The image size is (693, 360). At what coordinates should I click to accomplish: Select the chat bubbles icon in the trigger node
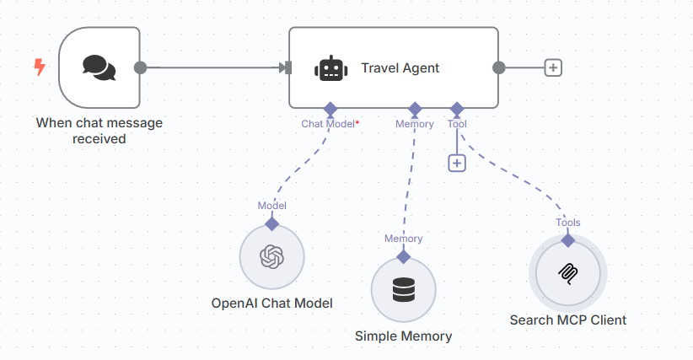(x=99, y=67)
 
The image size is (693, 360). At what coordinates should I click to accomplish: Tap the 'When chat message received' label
(x=99, y=131)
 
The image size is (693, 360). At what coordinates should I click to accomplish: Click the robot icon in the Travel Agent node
(x=330, y=68)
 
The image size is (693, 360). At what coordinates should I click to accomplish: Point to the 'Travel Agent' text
(x=400, y=68)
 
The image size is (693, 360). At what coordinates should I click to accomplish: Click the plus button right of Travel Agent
(x=553, y=67)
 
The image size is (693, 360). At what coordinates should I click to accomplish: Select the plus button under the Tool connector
(x=457, y=163)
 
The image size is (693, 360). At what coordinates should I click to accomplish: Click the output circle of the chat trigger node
(x=141, y=67)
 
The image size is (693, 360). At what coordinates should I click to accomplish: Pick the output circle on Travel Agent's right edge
(x=498, y=67)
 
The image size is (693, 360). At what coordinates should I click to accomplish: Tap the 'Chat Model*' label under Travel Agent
(x=330, y=124)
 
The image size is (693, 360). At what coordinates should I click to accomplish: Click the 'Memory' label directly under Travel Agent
(x=415, y=124)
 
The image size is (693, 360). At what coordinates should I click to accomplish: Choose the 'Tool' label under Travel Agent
(x=457, y=124)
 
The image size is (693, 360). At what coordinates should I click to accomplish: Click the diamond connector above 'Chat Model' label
(x=330, y=109)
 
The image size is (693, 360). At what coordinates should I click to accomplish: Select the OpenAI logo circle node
(x=271, y=256)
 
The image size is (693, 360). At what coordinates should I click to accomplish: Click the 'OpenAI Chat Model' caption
(x=271, y=303)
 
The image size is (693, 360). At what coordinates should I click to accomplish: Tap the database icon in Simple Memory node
(x=404, y=289)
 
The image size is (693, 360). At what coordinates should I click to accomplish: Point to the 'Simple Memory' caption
(x=404, y=336)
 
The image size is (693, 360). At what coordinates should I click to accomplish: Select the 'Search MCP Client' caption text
(x=567, y=320)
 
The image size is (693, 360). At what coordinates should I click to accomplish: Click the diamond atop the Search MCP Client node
(x=567, y=240)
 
